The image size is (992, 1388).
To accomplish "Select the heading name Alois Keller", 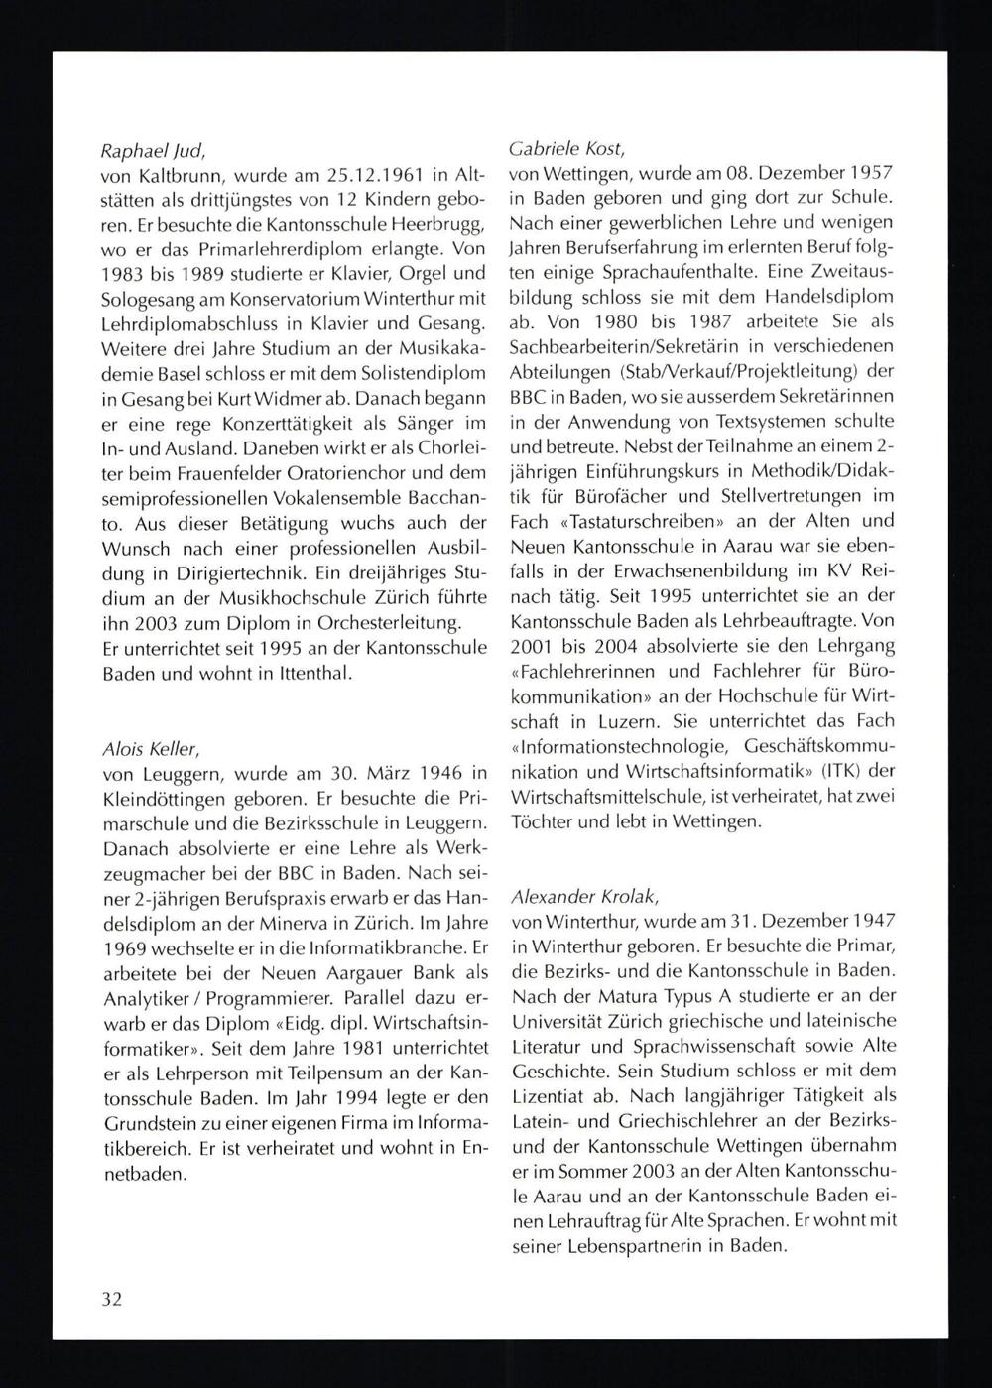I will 151,747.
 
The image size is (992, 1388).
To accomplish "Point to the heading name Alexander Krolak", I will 582,896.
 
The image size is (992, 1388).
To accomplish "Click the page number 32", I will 111,1299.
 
